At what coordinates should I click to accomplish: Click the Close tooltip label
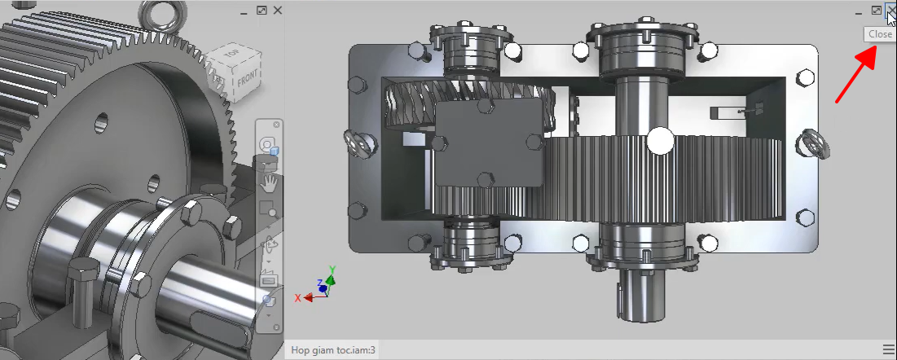coord(880,33)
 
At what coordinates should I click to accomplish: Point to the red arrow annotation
coord(856,74)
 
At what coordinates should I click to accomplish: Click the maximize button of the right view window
coord(877,11)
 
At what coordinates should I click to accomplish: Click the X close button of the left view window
coord(278,11)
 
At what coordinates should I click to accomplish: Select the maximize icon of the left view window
coord(262,11)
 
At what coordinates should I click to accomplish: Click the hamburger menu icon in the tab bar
coord(888,349)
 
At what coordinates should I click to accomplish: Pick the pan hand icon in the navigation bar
coord(268,182)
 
